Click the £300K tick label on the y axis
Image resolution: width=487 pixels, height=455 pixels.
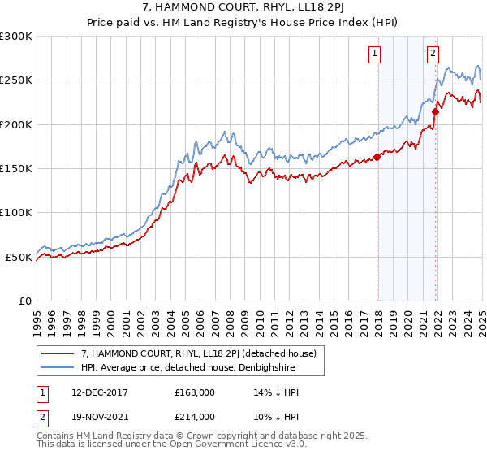tap(16, 37)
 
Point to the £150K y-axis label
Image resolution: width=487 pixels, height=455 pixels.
tap(16, 169)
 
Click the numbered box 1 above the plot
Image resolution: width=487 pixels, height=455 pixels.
tap(375, 54)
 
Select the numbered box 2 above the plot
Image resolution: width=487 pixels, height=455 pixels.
tap(433, 54)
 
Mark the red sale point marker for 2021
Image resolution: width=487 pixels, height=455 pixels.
tap(436, 112)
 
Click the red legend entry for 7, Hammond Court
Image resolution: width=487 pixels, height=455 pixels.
tap(203, 353)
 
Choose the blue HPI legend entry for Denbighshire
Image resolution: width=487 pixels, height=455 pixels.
tap(187, 368)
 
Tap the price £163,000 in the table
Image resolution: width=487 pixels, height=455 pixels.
tap(194, 393)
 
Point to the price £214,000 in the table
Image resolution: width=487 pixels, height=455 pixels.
tap(194, 417)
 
